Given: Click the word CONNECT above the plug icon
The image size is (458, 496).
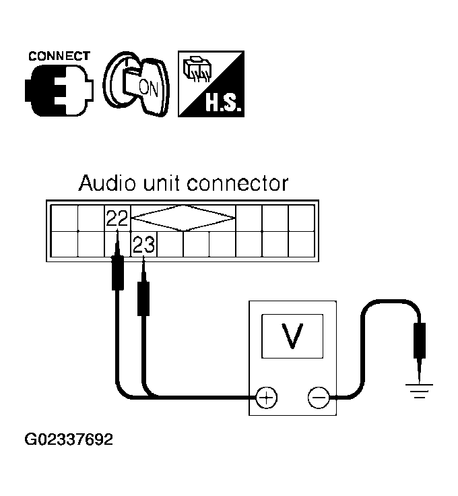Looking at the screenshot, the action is pyautogui.click(x=59, y=57).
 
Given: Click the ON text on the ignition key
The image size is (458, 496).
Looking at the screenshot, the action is pyautogui.click(x=149, y=88).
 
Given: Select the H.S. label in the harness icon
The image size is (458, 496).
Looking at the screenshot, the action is pyautogui.click(x=224, y=102).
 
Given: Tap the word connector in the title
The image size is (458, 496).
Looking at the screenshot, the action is pyautogui.click(x=238, y=184).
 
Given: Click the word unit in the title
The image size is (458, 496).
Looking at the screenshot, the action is pyautogui.click(x=162, y=183).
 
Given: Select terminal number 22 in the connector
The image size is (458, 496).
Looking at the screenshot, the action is pyautogui.click(x=117, y=218).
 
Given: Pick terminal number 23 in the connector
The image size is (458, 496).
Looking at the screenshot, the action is pyautogui.click(x=144, y=244).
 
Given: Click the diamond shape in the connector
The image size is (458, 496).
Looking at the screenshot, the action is pyautogui.click(x=183, y=218).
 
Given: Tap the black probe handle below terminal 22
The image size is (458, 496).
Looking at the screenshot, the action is pyautogui.click(x=118, y=273).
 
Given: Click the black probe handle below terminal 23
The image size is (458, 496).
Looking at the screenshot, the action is pyautogui.click(x=143, y=299).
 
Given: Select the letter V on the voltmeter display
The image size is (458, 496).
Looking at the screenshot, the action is pyautogui.click(x=292, y=336).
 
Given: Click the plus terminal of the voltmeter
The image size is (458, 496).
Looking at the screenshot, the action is pyautogui.click(x=266, y=398).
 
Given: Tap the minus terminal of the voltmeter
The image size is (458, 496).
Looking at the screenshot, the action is pyautogui.click(x=319, y=398).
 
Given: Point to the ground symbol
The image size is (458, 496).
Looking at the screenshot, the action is pyautogui.click(x=419, y=390).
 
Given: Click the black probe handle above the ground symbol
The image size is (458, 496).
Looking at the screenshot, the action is pyautogui.click(x=420, y=340).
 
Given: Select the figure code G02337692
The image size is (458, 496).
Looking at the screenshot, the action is pyautogui.click(x=69, y=439).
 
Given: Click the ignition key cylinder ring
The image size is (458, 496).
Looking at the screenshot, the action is pyautogui.click(x=109, y=83).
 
